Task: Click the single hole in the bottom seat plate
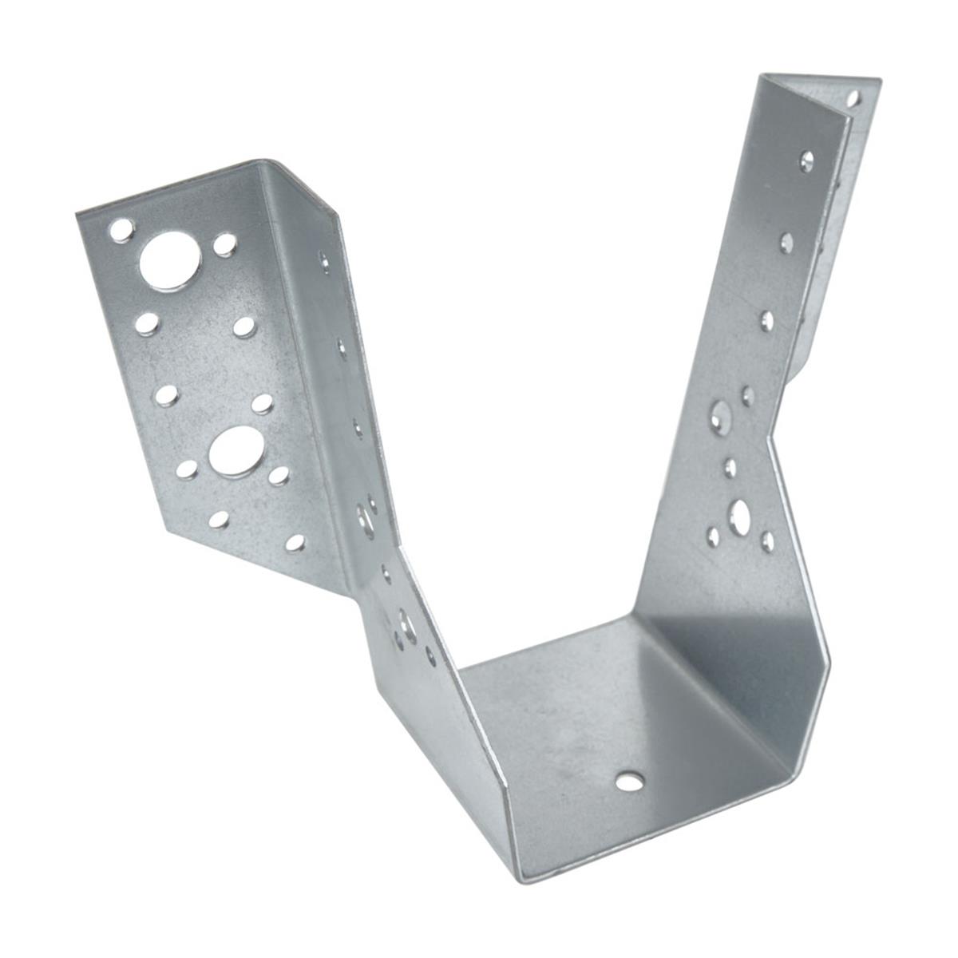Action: coord(630,780)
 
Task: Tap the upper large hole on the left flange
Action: coord(170,260)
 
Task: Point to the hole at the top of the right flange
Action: coord(853,99)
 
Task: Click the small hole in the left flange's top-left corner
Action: coord(121,231)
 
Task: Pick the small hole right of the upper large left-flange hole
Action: coord(225,243)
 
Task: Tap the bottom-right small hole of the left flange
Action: coord(295,543)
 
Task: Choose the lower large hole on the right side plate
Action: coord(740,513)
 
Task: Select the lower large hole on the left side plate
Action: coord(408,622)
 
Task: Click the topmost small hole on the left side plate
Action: coord(324,259)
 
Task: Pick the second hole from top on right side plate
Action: coord(786,242)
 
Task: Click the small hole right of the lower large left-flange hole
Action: coord(279,476)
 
